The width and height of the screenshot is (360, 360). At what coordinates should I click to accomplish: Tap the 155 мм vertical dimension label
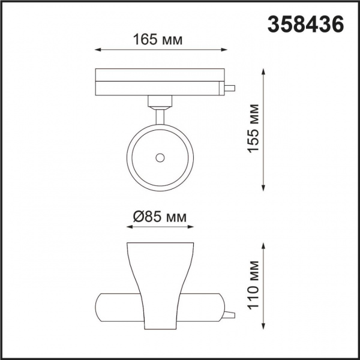point(254,128)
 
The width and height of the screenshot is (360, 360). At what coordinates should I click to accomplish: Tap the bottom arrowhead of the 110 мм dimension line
point(265,326)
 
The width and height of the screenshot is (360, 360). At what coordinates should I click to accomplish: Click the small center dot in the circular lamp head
point(160,157)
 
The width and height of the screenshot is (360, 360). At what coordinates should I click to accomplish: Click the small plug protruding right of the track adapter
point(229,88)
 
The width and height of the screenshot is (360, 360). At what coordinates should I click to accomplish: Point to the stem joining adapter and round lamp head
point(160,115)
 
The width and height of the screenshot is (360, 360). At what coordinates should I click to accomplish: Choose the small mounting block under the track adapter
point(159,100)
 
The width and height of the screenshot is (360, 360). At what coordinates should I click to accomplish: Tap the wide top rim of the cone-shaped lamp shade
point(160,245)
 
